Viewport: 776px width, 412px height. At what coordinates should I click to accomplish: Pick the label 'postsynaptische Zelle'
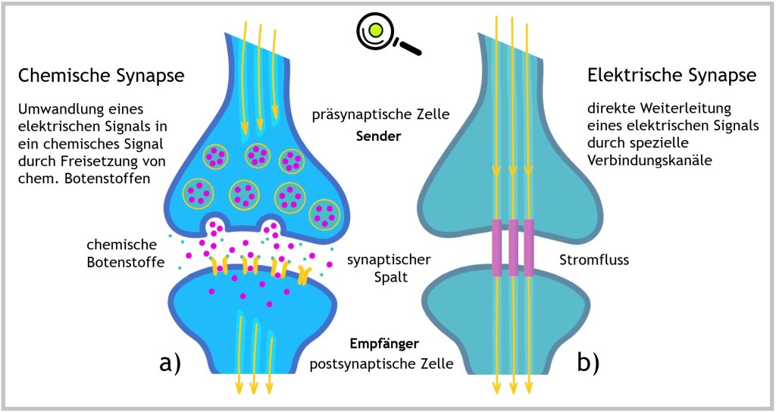point(381,364)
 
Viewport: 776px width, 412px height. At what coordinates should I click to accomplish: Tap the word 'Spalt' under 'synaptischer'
point(391,277)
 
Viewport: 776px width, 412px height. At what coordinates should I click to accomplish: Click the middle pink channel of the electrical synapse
point(513,247)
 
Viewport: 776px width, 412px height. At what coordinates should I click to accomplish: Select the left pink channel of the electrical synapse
point(496,247)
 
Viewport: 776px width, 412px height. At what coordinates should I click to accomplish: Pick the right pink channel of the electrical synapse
point(529,247)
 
